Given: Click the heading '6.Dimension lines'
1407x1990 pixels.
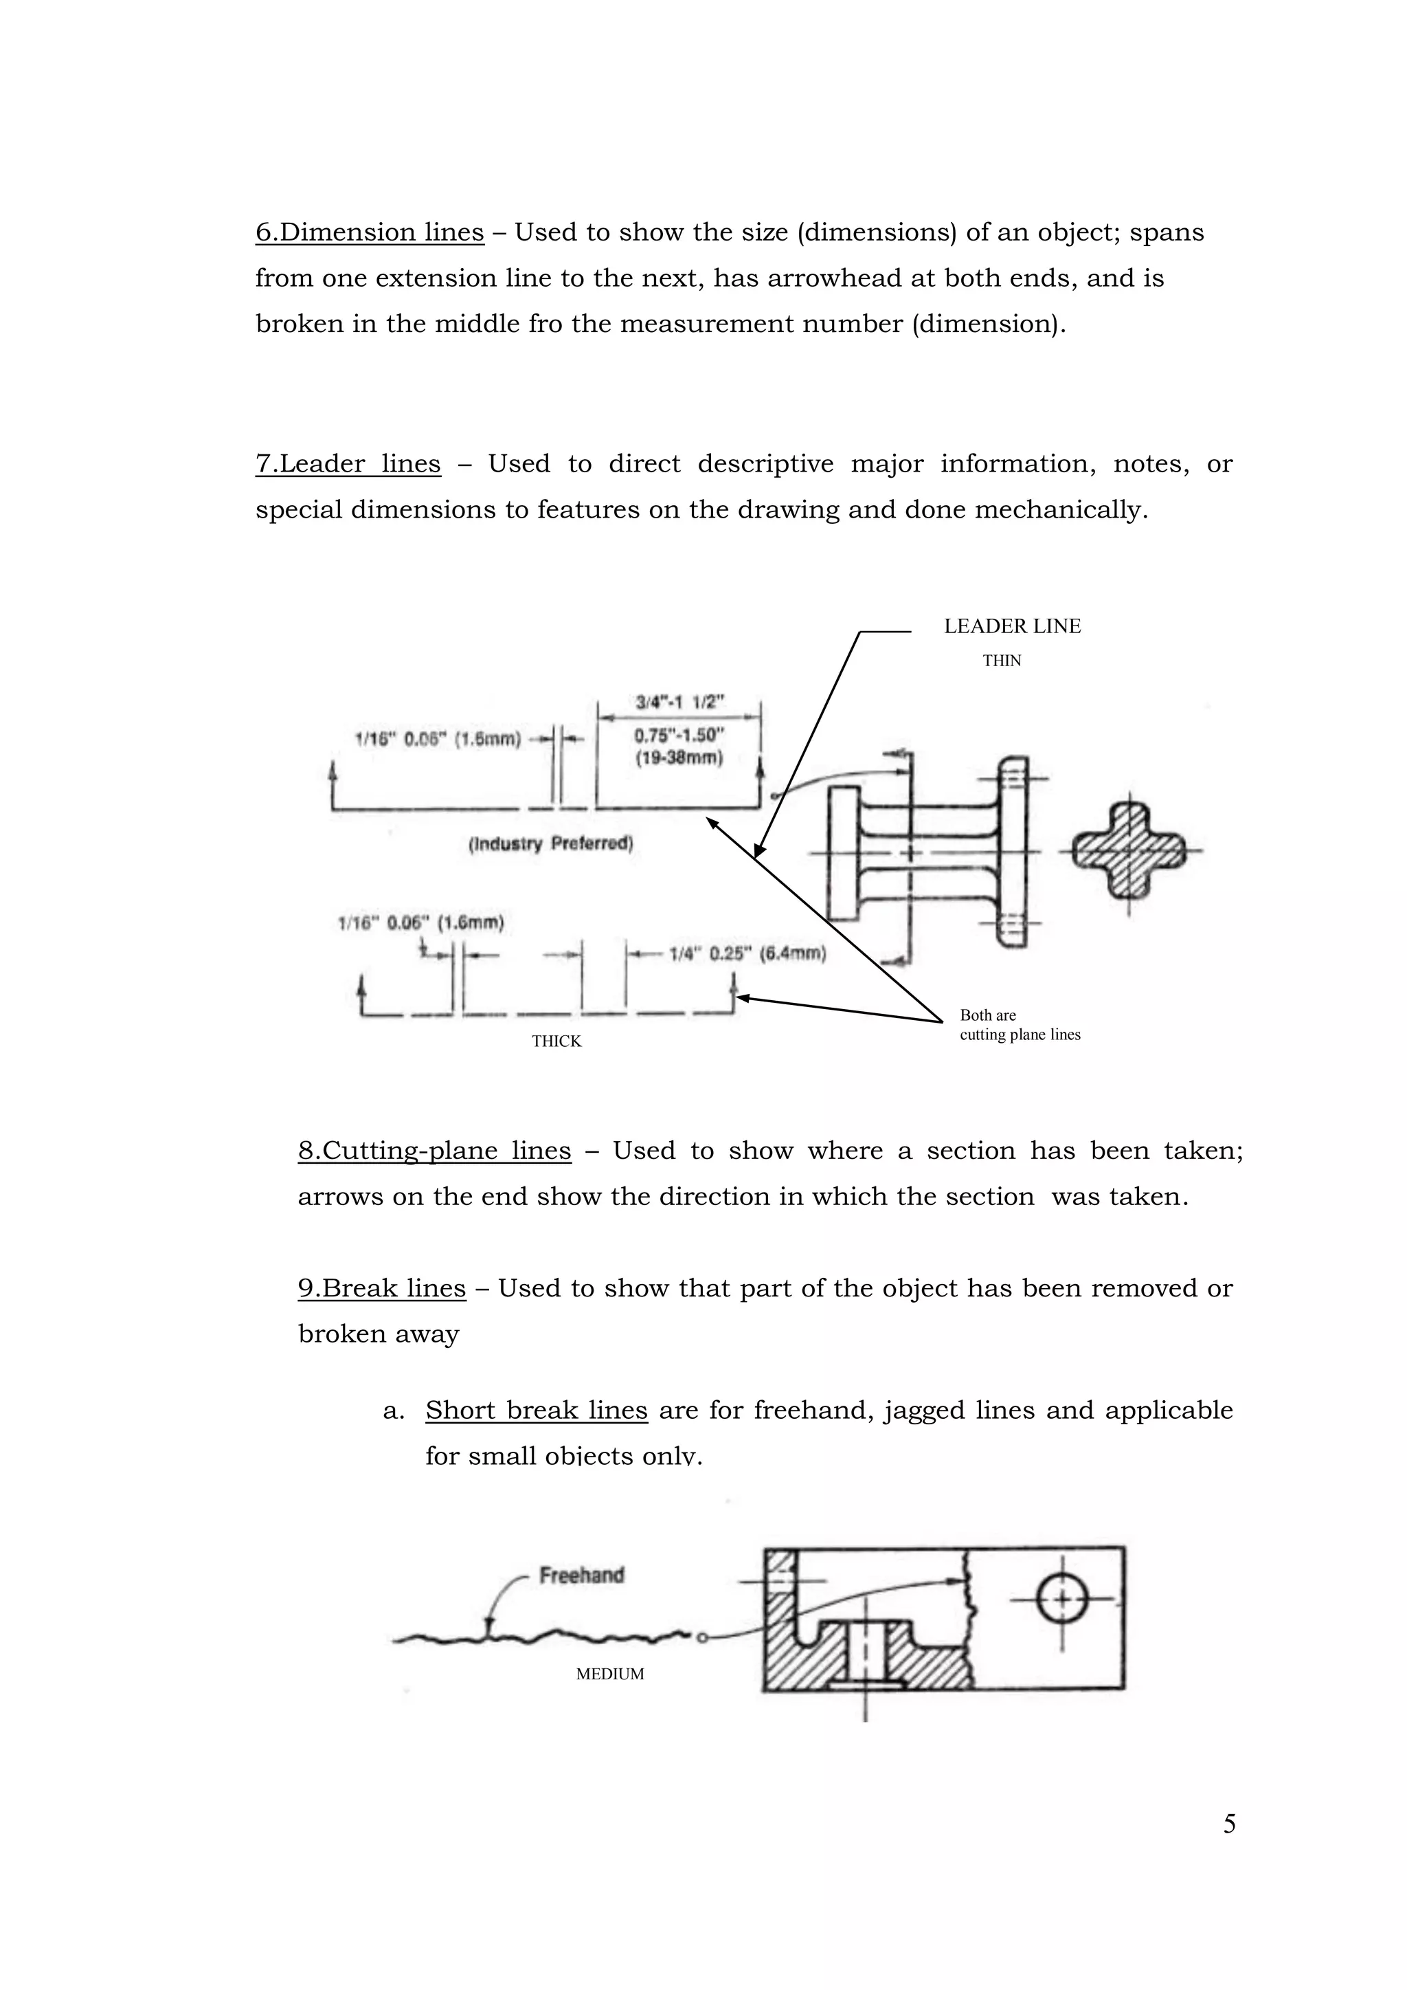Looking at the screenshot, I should click(x=369, y=232).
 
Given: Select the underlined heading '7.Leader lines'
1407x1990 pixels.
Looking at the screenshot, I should click(x=348, y=464).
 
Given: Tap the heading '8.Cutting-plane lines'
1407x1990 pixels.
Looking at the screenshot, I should click(x=434, y=1150).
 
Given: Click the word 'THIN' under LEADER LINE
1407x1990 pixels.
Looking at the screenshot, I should click(x=1002, y=661).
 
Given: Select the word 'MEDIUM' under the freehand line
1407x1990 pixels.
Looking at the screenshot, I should click(x=610, y=1674).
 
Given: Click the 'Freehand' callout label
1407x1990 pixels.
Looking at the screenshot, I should click(x=581, y=1575).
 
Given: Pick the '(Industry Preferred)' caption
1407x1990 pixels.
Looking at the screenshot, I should click(x=550, y=843).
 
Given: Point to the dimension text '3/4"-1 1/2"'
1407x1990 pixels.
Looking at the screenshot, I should click(x=680, y=701).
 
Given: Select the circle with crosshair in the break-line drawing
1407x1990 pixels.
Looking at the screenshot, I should click(x=1062, y=1598).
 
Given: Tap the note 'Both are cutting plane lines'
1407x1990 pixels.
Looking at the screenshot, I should click(x=1019, y=1024).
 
